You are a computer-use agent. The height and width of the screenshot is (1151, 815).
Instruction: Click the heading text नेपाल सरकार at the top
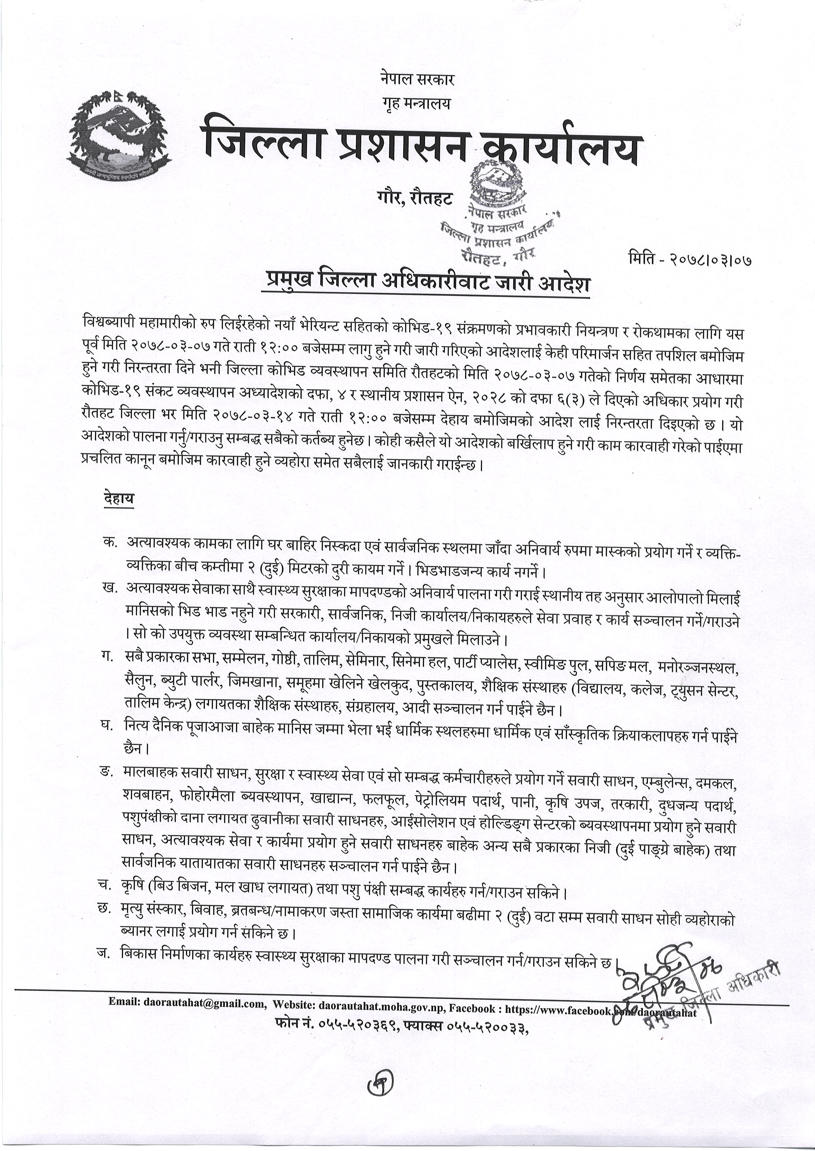[x=414, y=79]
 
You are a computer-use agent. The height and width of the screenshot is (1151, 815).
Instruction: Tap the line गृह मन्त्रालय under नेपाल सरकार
[x=414, y=103]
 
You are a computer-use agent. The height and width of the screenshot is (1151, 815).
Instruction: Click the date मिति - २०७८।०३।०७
[x=690, y=259]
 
